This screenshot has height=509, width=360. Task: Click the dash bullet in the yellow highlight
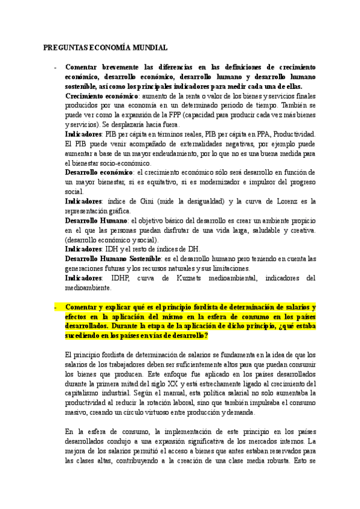tap(55, 307)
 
